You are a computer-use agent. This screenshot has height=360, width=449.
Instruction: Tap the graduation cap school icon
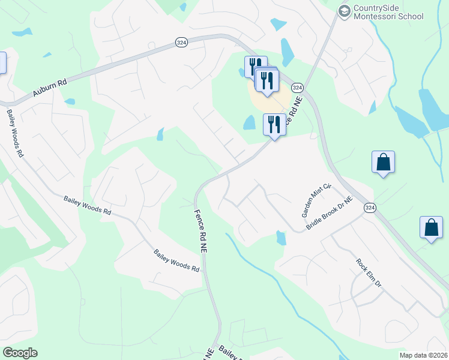click(344, 11)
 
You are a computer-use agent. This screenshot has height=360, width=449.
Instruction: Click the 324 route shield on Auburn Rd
click(181, 42)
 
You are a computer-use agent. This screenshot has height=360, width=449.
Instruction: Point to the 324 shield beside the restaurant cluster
click(297, 88)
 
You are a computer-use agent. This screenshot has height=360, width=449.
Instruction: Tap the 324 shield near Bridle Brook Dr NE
click(370, 207)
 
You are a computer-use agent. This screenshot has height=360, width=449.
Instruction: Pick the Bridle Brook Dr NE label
click(330, 212)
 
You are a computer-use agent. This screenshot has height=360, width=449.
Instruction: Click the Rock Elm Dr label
click(369, 273)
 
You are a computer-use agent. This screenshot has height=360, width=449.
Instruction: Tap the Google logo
click(20, 353)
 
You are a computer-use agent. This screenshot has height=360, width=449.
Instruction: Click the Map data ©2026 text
click(423, 355)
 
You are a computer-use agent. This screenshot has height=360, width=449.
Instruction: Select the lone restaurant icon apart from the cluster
click(274, 125)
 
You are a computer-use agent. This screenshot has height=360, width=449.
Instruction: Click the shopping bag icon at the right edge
click(431, 228)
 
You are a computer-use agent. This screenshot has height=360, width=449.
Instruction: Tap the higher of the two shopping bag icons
click(383, 162)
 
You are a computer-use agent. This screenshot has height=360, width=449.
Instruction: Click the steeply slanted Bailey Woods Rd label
click(16, 133)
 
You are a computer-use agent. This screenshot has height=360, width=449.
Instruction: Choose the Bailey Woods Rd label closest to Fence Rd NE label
click(176, 261)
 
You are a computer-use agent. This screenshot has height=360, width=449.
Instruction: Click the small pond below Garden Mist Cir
click(281, 238)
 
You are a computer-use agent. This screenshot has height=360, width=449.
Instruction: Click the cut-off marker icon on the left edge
click(2, 63)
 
